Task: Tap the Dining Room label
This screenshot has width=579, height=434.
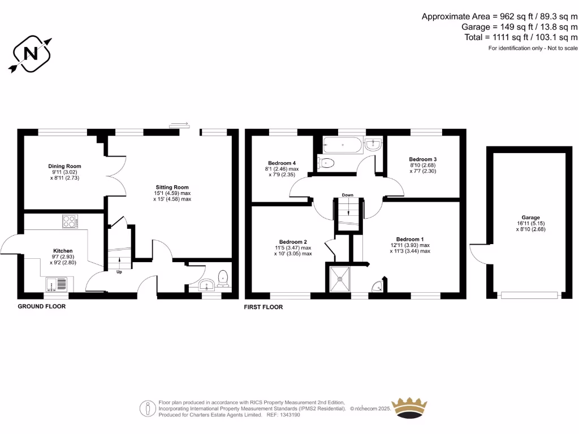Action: (64, 166)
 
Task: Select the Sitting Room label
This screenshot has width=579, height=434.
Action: (172, 187)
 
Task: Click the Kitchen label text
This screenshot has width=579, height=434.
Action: (63, 251)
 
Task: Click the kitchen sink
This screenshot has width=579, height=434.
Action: (56, 283)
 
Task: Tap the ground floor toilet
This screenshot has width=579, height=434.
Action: (223, 277)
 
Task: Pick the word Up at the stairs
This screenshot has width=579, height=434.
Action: (119, 272)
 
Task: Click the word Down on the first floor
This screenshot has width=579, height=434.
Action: (347, 196)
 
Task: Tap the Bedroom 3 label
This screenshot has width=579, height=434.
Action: (423, 159)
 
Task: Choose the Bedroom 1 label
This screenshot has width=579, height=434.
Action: (410, 239)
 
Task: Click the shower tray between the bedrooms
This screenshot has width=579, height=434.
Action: (340, 279)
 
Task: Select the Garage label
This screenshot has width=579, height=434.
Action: (531, 218)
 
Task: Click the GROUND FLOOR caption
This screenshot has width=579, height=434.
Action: (42, 306)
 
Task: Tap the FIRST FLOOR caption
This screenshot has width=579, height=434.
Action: (263, 307)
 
